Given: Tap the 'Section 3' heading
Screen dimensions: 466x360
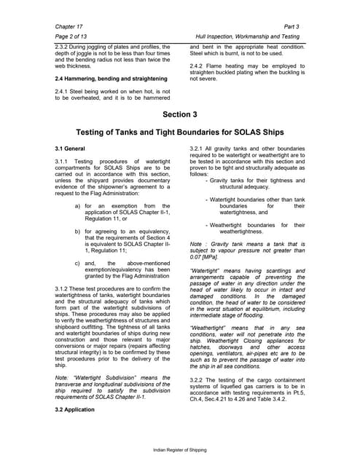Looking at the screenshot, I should [x=179, y=114].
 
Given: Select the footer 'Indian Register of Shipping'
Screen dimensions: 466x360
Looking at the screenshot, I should [x=179, y=451].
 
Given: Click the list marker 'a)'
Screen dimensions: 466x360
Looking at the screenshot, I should [x=78, y=206].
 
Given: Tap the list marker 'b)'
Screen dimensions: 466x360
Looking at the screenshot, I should [x=78, y=231].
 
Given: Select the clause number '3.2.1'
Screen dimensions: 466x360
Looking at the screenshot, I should [x=199, y=148].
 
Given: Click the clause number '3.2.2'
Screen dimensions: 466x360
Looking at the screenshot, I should [x=199, y=379].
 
